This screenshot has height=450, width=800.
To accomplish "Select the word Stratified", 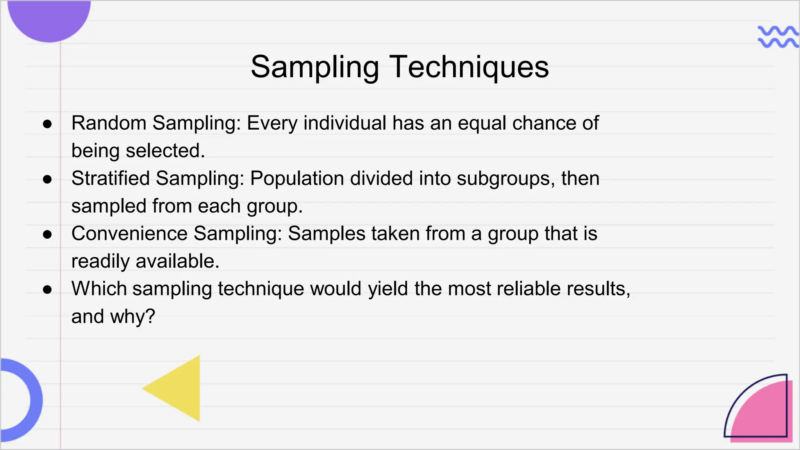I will tap(111, 179).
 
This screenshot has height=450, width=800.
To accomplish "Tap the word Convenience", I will tap(129, 234).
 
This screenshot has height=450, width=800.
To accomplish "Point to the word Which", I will tap(99, 289).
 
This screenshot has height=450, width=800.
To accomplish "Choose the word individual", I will tap(345, 123).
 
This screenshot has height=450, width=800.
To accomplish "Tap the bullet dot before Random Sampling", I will tap(47, 124).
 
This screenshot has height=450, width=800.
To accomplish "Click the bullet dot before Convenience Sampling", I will tap(47, 235).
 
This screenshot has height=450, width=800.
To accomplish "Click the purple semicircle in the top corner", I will tap(49, 18).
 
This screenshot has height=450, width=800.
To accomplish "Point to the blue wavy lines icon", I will tap(777, 37).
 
